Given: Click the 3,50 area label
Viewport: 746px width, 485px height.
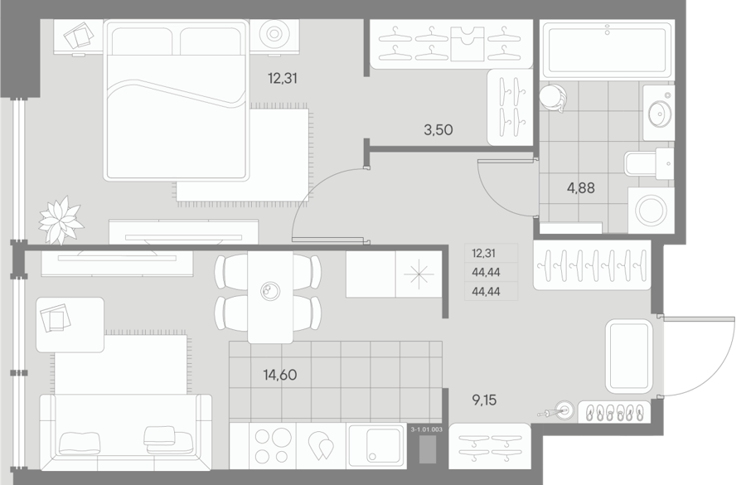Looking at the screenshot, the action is pos(438,130).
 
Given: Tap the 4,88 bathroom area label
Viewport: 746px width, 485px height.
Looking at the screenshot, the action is pos(580,188).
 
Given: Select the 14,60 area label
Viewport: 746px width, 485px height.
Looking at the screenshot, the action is pos(280,375).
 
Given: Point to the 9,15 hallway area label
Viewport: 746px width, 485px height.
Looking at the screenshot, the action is pos(484,400).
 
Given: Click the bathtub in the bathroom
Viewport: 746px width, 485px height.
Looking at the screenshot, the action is pos(607,50).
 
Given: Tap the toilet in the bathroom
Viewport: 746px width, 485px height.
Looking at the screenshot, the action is pos(649,163).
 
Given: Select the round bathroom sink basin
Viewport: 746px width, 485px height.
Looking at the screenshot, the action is pos(660,113).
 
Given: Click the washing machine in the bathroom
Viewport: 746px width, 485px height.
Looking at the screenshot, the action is pos(651,211).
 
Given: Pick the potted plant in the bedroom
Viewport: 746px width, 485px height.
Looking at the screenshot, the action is pos(61,220).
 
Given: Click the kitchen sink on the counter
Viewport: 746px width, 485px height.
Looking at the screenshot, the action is pos(376,445).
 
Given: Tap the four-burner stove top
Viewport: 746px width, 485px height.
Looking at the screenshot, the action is pos(273,445).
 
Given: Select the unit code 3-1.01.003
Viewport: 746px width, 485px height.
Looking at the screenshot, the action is pos(426,429).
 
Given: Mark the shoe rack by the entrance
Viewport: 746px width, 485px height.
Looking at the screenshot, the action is pos(613,412).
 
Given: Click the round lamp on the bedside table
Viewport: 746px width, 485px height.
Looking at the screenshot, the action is pos(274,34).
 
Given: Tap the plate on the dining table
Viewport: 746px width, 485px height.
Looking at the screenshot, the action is pos(270,291).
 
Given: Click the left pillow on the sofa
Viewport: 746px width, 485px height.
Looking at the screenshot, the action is pos(80,443).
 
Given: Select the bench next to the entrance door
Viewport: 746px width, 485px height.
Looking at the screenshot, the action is pos(629,356).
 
